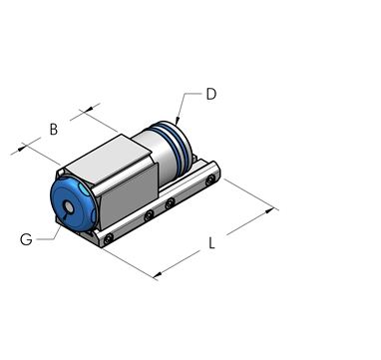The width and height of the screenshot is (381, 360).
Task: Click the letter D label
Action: [211, 95]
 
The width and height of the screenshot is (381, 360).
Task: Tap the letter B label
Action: [55, 129]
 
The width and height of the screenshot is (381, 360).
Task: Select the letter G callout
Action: [27, 239]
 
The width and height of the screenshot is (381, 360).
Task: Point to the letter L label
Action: [212, 243]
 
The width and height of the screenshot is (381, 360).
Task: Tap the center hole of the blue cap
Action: [63, 207]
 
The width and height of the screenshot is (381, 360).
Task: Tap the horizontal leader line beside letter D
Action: [193, 95]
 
